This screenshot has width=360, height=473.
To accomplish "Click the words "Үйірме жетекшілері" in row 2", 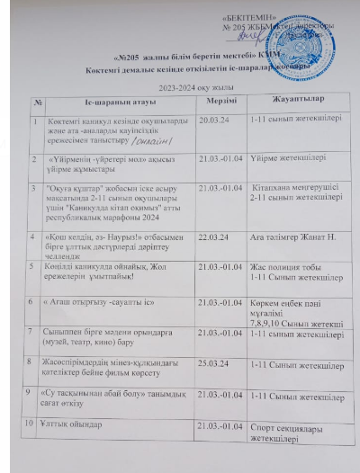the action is [282, 156].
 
